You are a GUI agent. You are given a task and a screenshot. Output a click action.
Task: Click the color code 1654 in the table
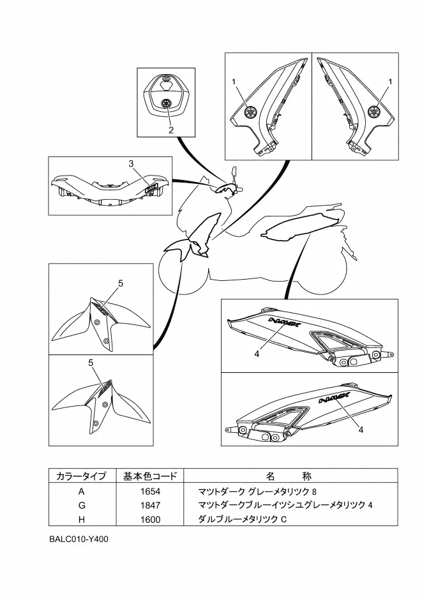point(151,492)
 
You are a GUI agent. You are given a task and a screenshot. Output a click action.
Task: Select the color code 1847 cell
point(151,506)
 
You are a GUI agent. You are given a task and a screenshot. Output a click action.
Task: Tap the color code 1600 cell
point(151,520)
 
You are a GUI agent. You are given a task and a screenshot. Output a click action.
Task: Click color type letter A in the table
point(81,492)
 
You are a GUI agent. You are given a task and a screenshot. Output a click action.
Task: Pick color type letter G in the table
point(81,506)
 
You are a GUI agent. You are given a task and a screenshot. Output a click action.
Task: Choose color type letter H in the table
point(81,520)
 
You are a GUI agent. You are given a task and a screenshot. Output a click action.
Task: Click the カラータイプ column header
point(81,476)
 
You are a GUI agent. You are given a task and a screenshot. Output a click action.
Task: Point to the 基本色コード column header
point(151,476)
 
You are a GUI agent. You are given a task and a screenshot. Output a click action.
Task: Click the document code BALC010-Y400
point(79,540)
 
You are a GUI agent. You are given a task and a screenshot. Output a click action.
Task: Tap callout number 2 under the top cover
point(171,130)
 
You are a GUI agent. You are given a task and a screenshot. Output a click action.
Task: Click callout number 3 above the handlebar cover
point(131,164)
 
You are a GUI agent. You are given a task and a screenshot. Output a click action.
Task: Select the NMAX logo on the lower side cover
point(331,401)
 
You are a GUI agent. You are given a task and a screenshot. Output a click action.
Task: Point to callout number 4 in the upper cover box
point(257,354)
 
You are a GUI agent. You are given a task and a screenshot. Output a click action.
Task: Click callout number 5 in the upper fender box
point(121,283)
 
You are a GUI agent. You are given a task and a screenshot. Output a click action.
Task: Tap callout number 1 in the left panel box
point(234,82)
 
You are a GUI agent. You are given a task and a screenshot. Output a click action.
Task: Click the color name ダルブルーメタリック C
point(243,520)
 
